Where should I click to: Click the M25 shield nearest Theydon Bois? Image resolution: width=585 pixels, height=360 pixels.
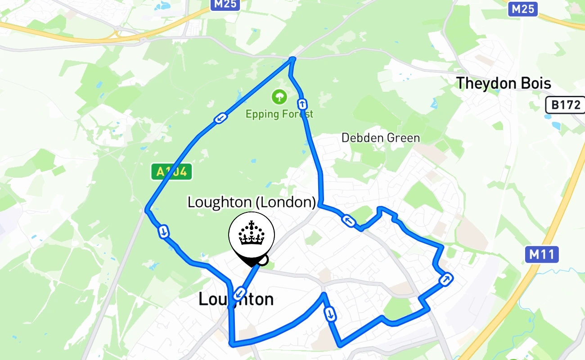(522, 9)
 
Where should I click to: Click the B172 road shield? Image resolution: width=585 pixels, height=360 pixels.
(566, 105)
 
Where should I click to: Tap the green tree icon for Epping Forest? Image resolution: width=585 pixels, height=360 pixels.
(279, 96)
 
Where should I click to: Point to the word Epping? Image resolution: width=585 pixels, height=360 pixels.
(262, 114)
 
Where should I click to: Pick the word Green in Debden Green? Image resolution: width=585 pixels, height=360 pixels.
(405, 138)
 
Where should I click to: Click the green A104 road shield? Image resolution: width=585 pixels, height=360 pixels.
(171, 171)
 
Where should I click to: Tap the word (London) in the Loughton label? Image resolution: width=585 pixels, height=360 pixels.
(286, 202)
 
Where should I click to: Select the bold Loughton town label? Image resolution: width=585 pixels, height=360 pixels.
(236, 300)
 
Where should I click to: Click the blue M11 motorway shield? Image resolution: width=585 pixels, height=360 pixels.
(541, 255)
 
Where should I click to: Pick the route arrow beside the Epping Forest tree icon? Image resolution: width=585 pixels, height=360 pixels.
(302, 104)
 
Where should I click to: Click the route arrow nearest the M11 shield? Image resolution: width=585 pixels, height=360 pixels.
(445, 279)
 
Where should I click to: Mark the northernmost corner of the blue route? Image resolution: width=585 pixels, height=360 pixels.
(293, 58)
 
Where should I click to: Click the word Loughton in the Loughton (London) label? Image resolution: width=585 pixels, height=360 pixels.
(220, 202)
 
